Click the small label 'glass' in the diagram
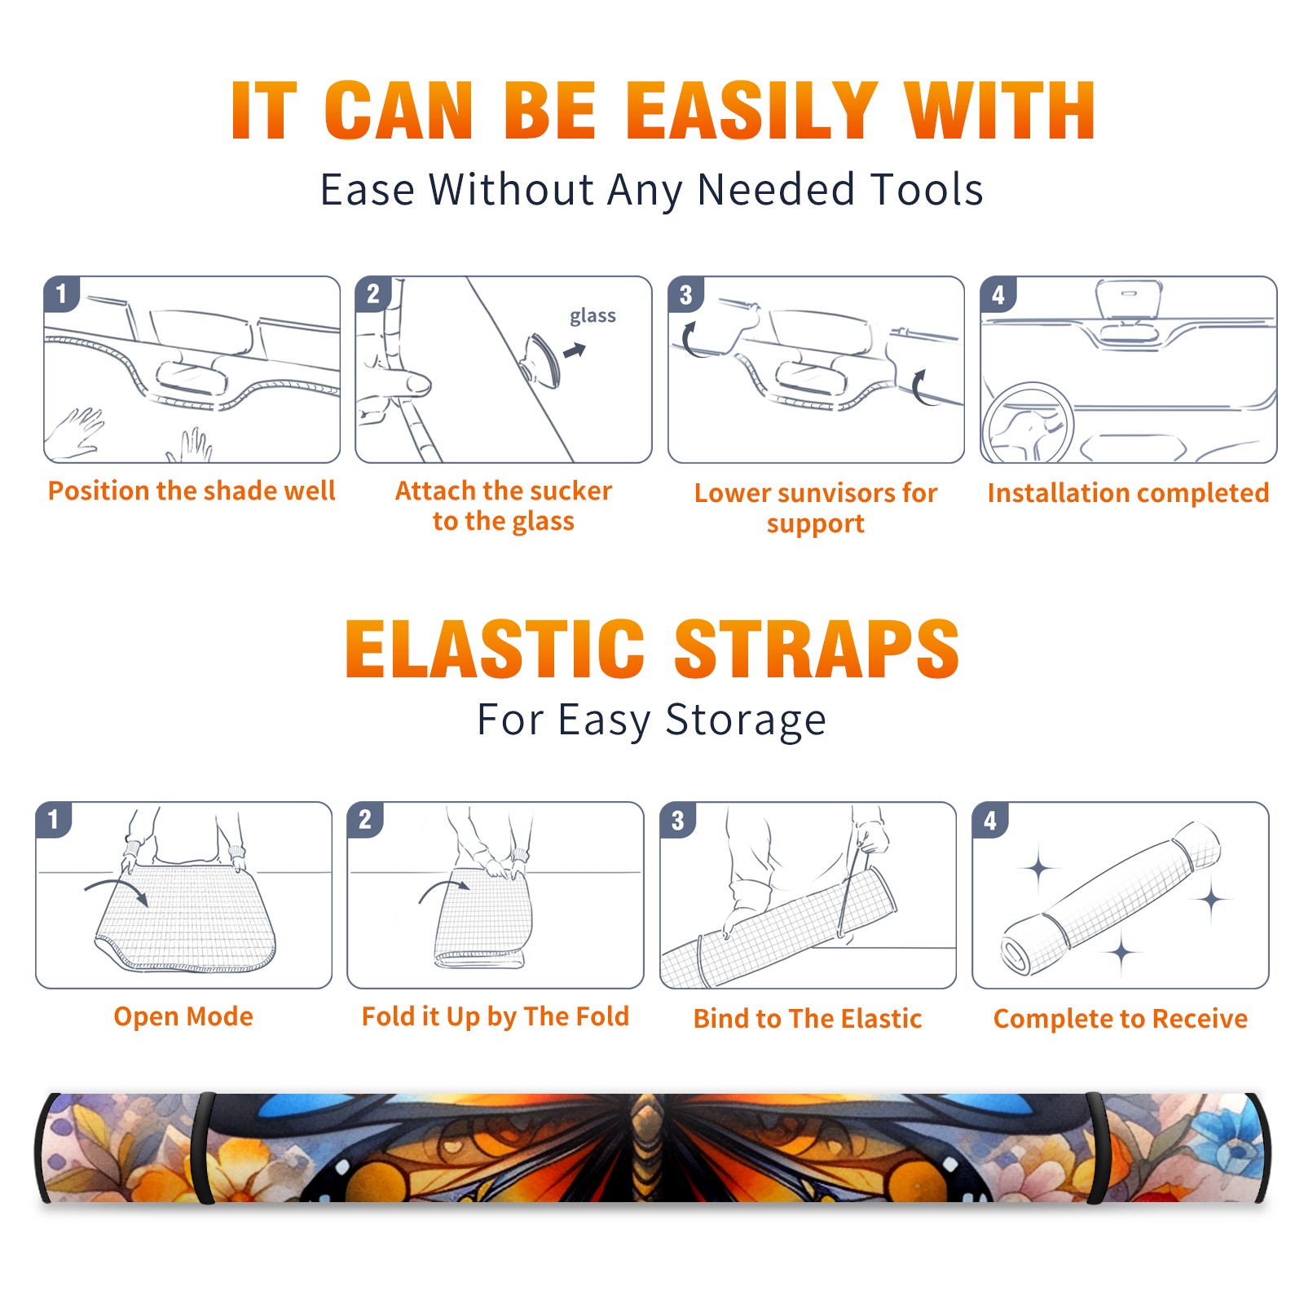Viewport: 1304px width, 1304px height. [593, 316]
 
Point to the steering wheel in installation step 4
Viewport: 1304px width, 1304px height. [1028, 422]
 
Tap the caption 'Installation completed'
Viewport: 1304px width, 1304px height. [1128, 493]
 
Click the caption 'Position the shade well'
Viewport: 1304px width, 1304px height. [192, 491]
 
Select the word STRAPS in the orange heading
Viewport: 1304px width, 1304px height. [817, 649]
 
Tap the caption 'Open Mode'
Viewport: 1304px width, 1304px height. [183, 1016]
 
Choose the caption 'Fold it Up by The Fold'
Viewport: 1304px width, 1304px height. [496, 1016]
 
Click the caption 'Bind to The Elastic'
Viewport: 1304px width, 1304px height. [808, 1019]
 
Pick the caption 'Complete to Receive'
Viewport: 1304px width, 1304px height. [1121, 1019]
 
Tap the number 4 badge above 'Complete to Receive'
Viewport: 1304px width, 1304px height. [990, 820]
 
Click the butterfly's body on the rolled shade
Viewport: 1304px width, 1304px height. [648, 1147]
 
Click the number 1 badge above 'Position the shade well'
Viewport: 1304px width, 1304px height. [61, 293]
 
